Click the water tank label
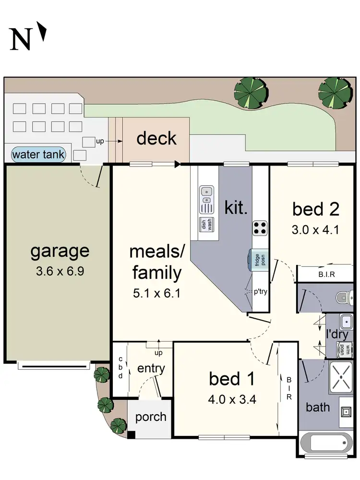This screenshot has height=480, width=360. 39,155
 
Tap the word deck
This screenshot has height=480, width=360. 156,138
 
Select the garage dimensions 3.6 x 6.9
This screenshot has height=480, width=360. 60,271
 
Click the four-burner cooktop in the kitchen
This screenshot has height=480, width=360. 260,228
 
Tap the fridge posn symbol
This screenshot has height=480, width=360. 259,261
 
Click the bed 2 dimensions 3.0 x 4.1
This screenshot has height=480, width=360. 315,229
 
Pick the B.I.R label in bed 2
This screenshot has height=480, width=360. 326,275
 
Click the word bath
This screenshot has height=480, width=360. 318,407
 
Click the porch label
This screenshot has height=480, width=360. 150,417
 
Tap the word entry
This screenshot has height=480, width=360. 151,369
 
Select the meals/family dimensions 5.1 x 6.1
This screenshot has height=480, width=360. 156,293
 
